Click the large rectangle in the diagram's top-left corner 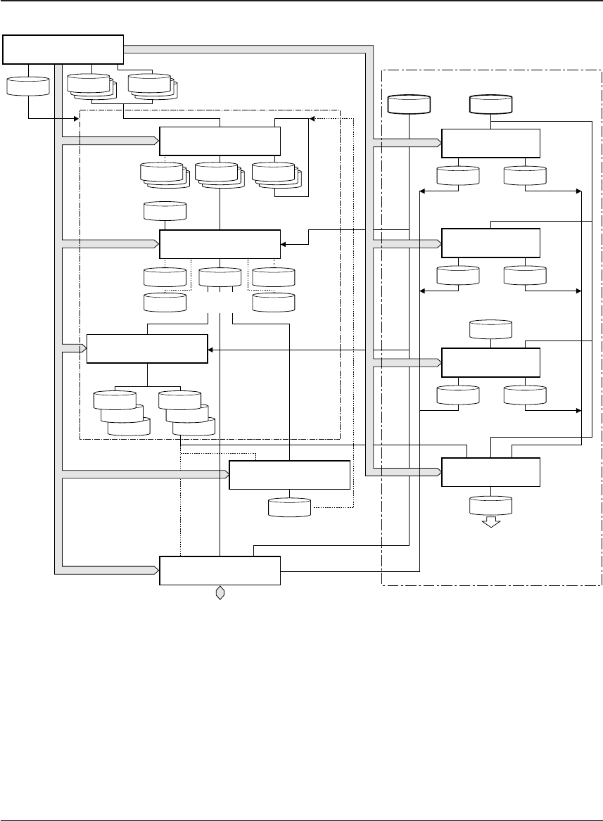63,49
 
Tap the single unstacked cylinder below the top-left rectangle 28,85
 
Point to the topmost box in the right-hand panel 490,144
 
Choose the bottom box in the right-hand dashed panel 490,472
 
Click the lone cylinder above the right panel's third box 490,329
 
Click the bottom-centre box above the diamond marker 220,570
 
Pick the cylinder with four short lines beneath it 220,277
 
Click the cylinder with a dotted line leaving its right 289,507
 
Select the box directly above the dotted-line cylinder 289,476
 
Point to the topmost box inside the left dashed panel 220,141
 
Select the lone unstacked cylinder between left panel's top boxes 165,210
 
